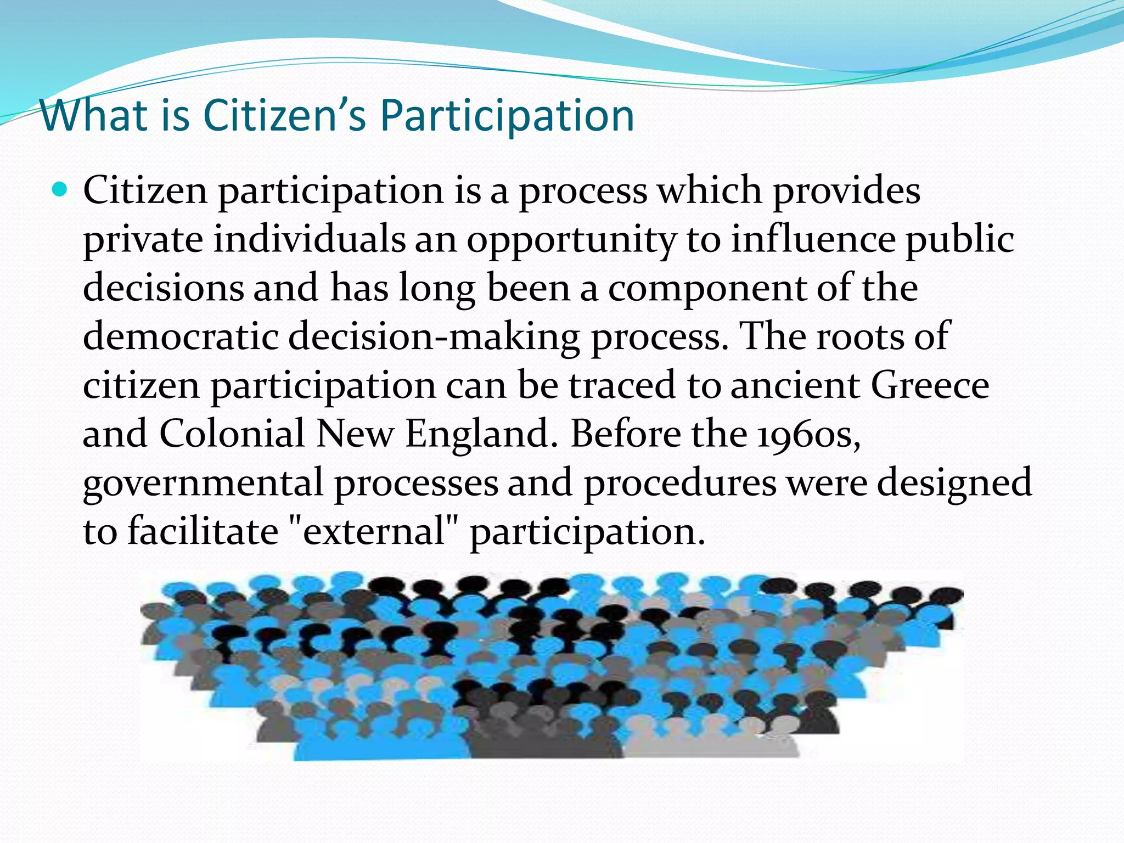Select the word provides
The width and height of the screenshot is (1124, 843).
click(846, 192)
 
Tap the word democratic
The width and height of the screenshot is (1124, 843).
click(181, 336)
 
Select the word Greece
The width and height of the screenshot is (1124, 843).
click(930, 385)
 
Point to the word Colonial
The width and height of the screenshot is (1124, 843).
click(232, 434)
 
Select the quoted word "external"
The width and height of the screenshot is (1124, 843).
click(374, 531)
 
